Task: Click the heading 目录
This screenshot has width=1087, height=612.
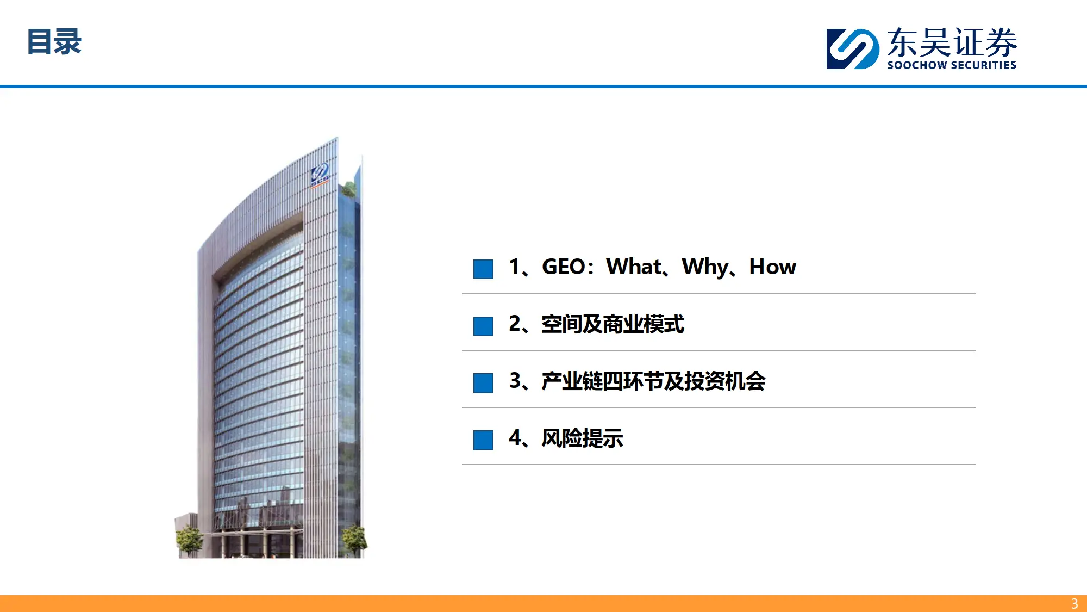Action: tap(54, 42)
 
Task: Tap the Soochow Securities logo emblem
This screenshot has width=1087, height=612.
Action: tap(852, 49)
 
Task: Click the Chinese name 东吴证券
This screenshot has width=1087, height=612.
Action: tap(952, 42)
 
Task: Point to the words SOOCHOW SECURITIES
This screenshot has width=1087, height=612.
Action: tap(952, 65)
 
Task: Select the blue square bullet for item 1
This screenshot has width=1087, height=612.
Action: tap(483, 269)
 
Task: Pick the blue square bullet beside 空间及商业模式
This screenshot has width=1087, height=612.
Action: tap(483, 326)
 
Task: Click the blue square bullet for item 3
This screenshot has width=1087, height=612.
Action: tap(483, 383)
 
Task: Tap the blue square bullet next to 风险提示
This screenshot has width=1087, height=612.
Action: tap(483, 440)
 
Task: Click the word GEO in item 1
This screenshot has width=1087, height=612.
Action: tap(564, 267)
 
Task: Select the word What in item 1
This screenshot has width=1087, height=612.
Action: tap(634, 267)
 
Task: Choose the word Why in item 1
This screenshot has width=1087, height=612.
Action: tap(705, 268)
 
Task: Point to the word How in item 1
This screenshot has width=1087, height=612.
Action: tap(772, 267)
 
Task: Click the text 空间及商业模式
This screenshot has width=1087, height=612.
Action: tap(613, 324)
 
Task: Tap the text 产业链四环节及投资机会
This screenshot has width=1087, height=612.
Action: tap(653, 381)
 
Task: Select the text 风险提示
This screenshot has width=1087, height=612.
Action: tap(582, 438)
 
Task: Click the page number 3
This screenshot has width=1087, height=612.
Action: tap(1074, 604)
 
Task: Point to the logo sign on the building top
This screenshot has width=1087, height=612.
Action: tap(320, 175)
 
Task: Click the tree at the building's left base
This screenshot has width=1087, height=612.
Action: tap(189, 540)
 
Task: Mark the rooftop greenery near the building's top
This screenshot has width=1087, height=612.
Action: tap(348, 189)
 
